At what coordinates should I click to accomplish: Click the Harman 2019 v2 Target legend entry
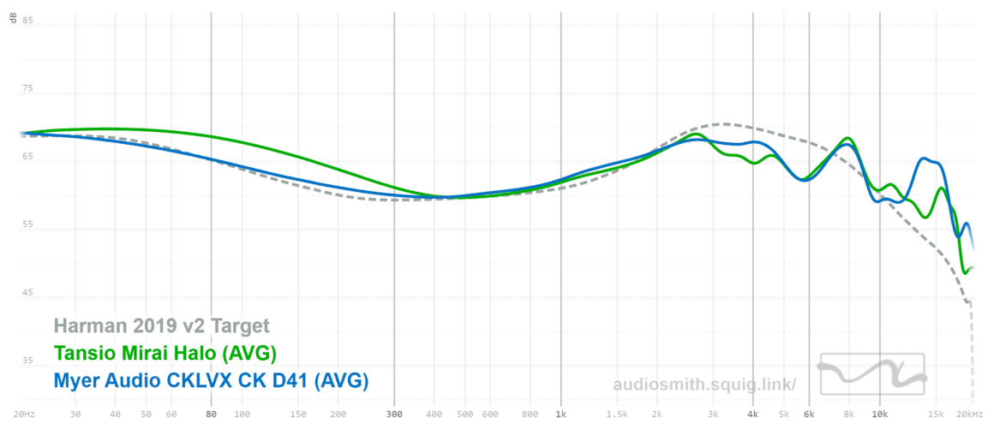161,325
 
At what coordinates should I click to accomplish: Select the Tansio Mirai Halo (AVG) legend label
165,352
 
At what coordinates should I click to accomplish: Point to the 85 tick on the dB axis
27,21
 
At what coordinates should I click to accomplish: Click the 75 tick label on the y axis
27,88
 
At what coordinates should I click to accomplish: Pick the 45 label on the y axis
27,293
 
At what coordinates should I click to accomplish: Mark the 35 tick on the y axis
27,361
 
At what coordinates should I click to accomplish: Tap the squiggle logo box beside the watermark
872,374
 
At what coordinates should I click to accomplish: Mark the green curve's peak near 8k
848,138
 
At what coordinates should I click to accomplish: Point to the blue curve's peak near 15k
924,158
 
